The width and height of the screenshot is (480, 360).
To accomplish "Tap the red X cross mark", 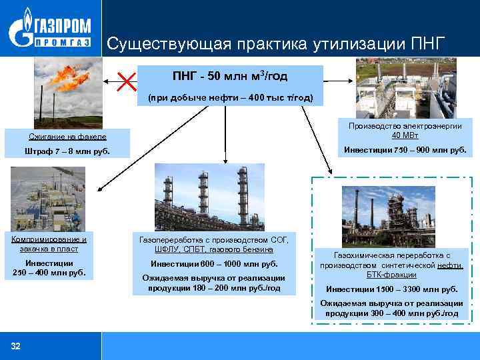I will tap(126, 83).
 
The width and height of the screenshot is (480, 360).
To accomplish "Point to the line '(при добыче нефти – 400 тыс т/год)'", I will tap(229, 97).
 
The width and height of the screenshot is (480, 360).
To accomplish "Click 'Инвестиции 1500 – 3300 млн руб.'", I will tap(392, 289).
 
